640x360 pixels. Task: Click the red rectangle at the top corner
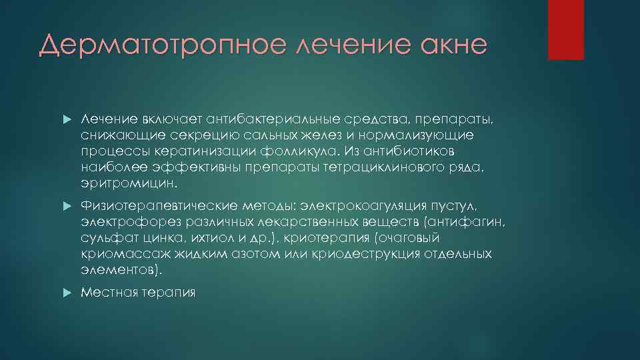point(565,29)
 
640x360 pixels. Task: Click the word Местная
point(106,292)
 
